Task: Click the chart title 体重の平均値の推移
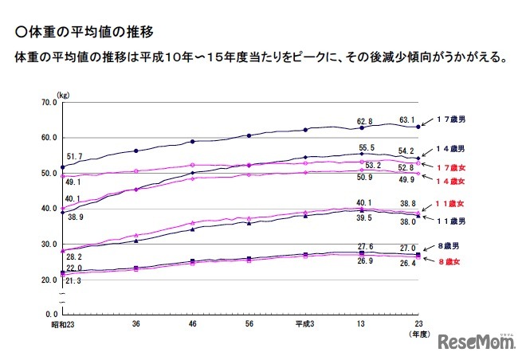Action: pos(83,33)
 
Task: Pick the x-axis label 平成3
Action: pos(305,324)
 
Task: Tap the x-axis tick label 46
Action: pos(193,324)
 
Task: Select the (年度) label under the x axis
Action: pos(419,335)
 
